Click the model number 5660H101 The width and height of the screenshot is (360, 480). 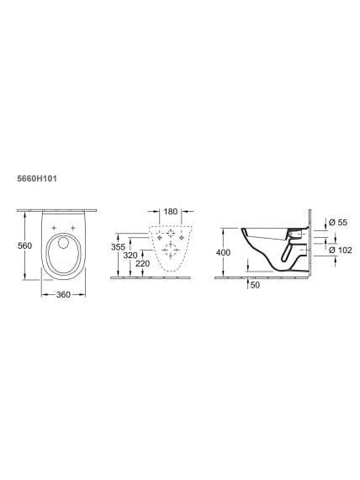pyautogui.click(x=37, y=178)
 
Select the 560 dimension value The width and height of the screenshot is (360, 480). pyautogui.click(x=24, y=245)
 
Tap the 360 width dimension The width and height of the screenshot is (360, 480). pyautogui.click(x=63, y=294)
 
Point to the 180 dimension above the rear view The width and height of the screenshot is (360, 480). pyautogui.click(x=171, y=212)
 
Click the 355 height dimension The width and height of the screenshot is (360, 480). pyautogui.click(x=118, y=247)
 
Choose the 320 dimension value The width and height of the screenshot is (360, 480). pyautogui.click(x=130, y=256)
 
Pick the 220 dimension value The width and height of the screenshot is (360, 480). pyautogui.click(x=143, y=264)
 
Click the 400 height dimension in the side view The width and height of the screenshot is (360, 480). pyautogui.click(x=223, y=252)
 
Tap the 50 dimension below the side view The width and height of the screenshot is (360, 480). pyautogui.click(x=255, y=285)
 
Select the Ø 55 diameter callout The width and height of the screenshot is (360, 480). pyautogui.click(x=338, y=223)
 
